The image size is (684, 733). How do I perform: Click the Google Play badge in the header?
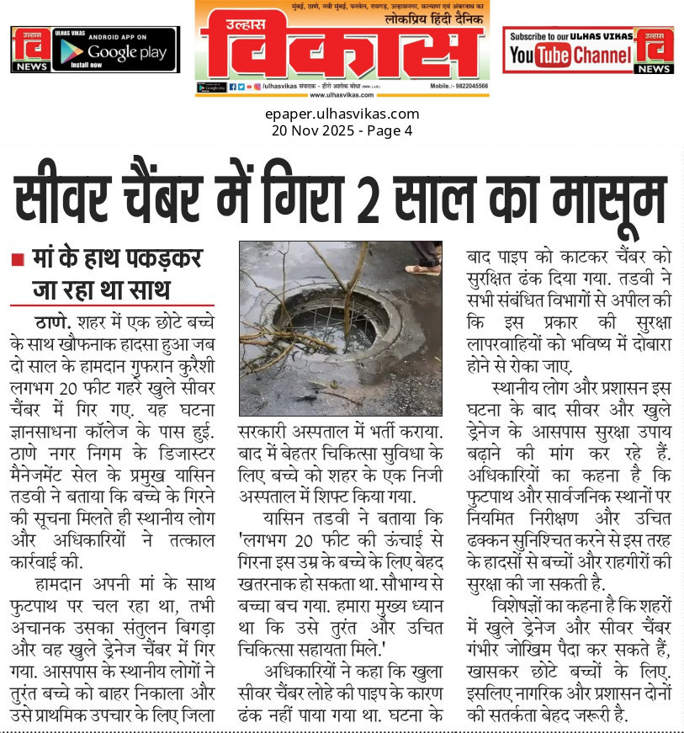[114, 50]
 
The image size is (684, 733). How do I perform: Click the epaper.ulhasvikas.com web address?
[342, 114]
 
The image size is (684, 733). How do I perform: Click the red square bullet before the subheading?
[17, 262]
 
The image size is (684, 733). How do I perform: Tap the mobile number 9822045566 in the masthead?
[466, 87]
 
